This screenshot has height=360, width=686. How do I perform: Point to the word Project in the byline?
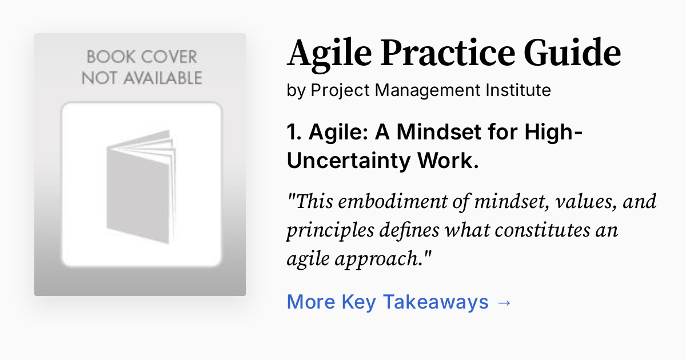tap(336, 90)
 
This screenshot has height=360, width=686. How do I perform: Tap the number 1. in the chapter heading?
tap(295, 133)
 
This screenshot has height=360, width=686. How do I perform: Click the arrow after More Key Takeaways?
tap(504, 302)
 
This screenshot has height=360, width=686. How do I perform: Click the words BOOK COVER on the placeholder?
tap(141, 57)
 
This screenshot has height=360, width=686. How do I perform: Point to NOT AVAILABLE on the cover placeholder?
tap(141, 77)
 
